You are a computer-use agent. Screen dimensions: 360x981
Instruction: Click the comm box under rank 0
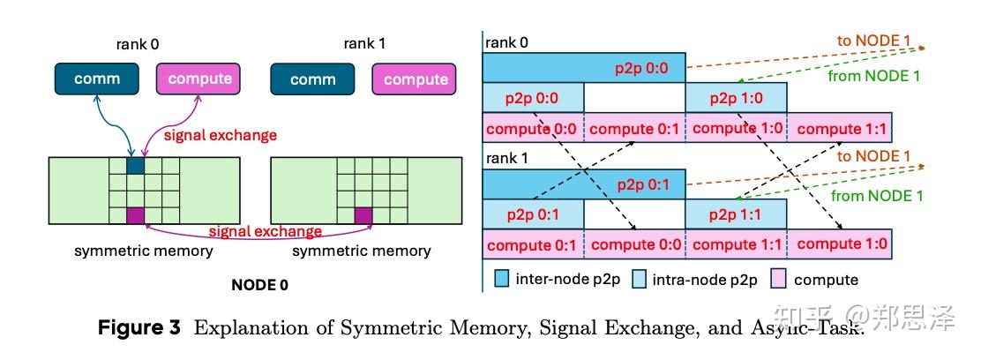pyautogui.click(x=97, y=79)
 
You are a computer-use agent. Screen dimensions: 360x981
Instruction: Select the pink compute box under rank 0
pyautogui.click(x=199, y=79)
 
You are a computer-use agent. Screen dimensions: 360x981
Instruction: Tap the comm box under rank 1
pyautogui.click(x=312, y=79)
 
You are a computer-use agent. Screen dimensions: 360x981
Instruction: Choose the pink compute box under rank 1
pyautogui.click(x=416, y=79)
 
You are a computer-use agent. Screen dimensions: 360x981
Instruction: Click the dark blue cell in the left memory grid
pyautogui.click(x=135, y=164)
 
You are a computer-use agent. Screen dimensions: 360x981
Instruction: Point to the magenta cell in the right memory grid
pyautogui.click(x=363, y=215)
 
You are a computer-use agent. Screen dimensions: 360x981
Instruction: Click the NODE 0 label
pyautogui.click(x=258, y=285)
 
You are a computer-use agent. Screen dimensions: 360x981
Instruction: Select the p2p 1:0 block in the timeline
pyautogui.click(x=736, y=97)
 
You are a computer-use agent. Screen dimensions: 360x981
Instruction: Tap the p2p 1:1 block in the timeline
pyautogui.click(x=736, y=214)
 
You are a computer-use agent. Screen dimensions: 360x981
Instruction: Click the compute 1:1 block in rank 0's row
pyautogui.click(x=840, y=128)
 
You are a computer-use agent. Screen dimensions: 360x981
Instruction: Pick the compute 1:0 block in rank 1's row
pyautogui.click(x=840, y=244)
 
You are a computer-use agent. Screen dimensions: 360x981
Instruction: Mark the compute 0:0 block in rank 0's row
pyautogui.click(x=533, y=128)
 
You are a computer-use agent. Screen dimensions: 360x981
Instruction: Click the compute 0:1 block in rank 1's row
pyautogui.click(x=533, y=244)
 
